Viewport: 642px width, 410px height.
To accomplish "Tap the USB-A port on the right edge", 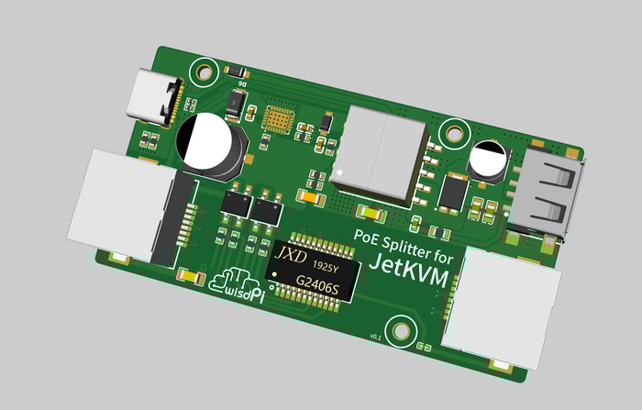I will click(x=547, y=194).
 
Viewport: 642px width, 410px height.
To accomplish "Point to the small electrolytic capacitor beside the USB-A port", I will click(x=487, y=160).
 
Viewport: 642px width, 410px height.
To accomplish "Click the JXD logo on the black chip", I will click(x=291, y=252).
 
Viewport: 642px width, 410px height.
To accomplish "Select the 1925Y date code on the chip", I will click(x=326, y=266).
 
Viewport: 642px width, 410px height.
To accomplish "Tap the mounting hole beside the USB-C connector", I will click(x=205, y=69).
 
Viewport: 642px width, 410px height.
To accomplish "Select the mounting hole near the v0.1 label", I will click(x=400, y=329).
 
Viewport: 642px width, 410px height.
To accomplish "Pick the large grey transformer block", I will click(x=380, y=151).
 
